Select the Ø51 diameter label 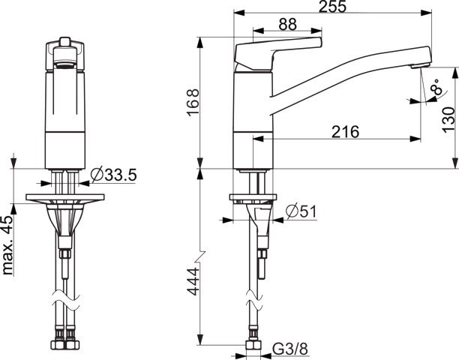300,212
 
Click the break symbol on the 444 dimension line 200,251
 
